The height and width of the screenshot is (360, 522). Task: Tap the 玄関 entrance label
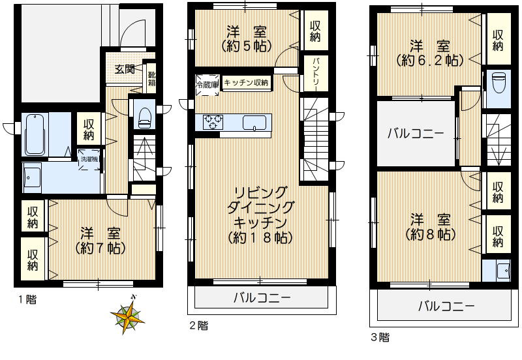125,70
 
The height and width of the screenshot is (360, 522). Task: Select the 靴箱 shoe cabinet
151,78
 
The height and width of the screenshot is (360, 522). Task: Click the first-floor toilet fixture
143,115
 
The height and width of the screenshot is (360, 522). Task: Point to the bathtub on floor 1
37,133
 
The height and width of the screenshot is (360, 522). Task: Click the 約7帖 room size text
99,248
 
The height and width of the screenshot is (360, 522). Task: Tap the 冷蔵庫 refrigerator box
206,84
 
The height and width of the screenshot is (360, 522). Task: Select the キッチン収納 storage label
247,82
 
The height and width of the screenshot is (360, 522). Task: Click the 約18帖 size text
259,238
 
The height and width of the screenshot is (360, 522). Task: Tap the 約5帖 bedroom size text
245,47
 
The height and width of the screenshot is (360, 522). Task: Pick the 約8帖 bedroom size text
429,234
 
